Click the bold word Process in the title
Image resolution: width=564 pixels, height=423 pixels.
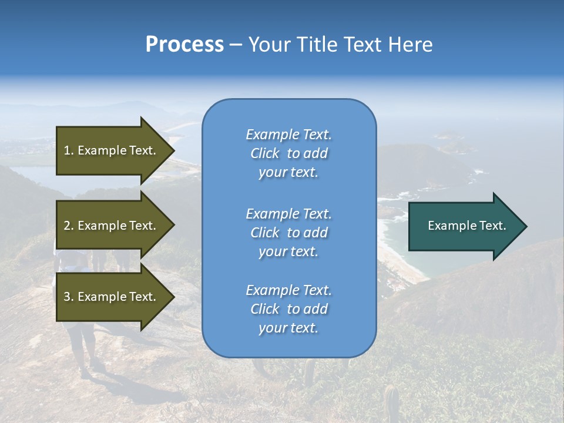(x=184, y=45)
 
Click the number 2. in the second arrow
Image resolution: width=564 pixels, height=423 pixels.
(x=69, y=226)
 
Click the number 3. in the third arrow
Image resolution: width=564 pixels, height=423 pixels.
(x=69, y=297)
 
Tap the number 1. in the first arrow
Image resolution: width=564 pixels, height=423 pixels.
(x=68, y=150)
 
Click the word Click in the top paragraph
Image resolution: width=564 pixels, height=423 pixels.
(x=265, y=153)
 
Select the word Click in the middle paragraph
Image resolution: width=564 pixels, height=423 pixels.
(x=265, y=233)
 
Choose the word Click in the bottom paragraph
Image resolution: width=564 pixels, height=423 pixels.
(x=265, y=309)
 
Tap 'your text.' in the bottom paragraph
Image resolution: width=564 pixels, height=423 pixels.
(x=288, y=328)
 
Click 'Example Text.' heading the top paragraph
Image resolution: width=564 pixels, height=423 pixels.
(x=288, y=135)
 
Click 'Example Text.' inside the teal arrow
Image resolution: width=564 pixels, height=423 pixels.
(x=467, y=226)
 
